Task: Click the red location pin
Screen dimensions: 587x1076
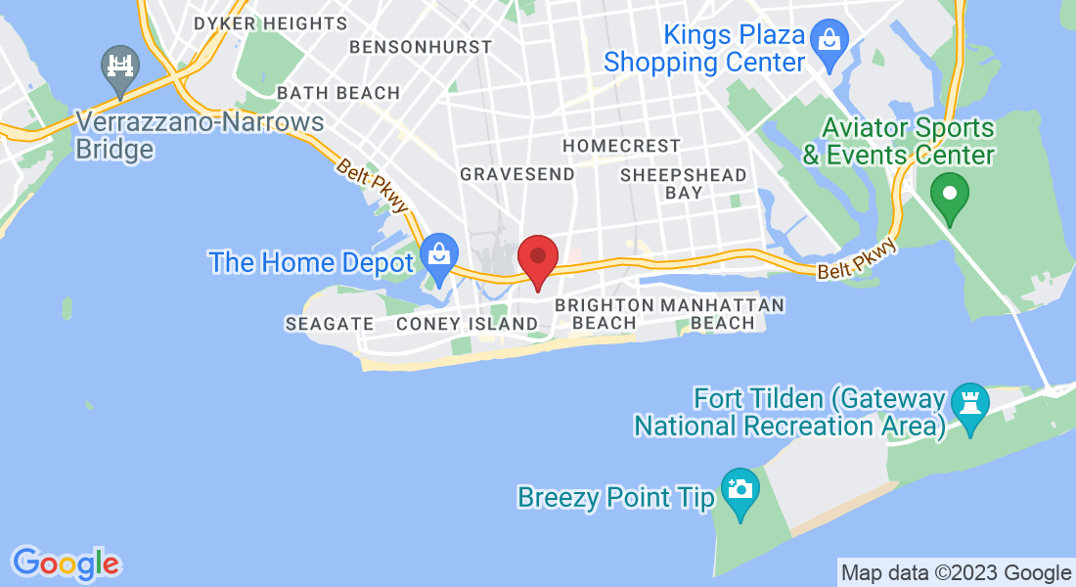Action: tap(537, 257)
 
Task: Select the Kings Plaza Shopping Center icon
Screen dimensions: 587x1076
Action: tap(829, 41)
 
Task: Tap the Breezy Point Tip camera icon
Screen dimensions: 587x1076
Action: tap(740, 487)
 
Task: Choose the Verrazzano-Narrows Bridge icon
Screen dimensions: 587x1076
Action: tap(120, 67)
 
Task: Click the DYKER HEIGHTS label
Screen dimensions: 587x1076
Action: tap(270, 23)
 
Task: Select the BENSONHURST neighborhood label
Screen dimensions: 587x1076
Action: tap(421, 47)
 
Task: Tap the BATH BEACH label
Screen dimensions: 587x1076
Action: tap(338, 93)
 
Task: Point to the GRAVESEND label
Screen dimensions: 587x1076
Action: tap(504, 174)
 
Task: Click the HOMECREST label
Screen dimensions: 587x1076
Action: tap(621, 146)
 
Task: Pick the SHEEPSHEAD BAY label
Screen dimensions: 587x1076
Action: tap(684, 184)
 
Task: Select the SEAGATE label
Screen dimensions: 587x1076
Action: tap(330, 324)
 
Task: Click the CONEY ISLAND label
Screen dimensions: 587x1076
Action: tap(468, 324)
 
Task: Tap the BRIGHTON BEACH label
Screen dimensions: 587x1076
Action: tap(604, 314)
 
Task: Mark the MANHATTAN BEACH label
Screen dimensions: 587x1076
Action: tap(723, 314)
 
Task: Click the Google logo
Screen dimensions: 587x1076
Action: tap(66, 564)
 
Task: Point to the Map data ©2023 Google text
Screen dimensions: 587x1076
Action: tap(956, 573)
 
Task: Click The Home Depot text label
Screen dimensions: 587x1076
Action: tap(311, 262)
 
